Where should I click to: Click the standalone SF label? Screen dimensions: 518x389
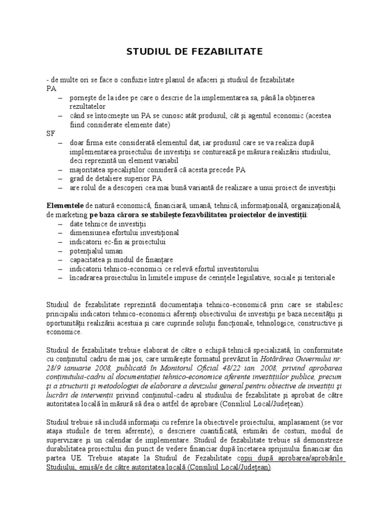click(50, 134)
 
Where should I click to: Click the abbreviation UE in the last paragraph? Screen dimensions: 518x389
click(73, 458)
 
